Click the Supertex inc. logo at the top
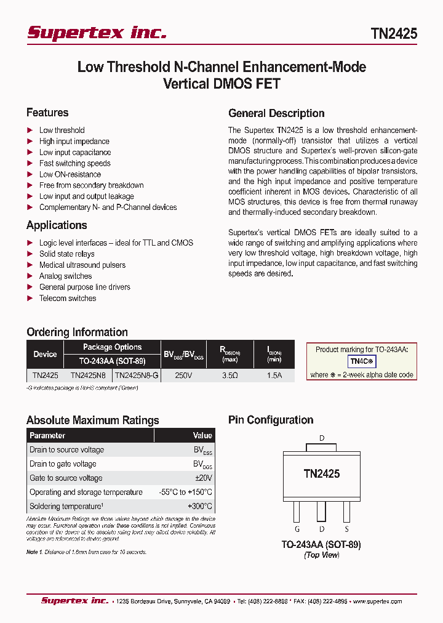point(97,33)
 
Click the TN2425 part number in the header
point(394,34)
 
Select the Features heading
point(47,113)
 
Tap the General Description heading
point(276,113)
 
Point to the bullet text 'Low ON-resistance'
point(70,174)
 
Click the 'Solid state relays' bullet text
point(67,254)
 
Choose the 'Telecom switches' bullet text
point(68,298)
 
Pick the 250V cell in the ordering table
point(183,375)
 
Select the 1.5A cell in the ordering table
point(274,375)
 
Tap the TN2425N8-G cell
point(137,375)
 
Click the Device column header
point(45,354)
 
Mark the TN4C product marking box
point(362,362)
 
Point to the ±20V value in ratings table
point(203,478)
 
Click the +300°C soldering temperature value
point(201,507)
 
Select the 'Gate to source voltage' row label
point(66,478)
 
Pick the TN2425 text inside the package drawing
point(321,473)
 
